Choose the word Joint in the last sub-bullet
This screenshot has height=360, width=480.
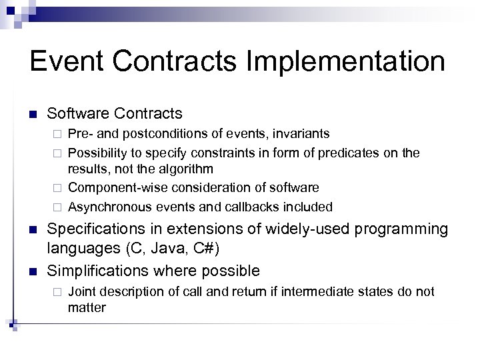[81, 291]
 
